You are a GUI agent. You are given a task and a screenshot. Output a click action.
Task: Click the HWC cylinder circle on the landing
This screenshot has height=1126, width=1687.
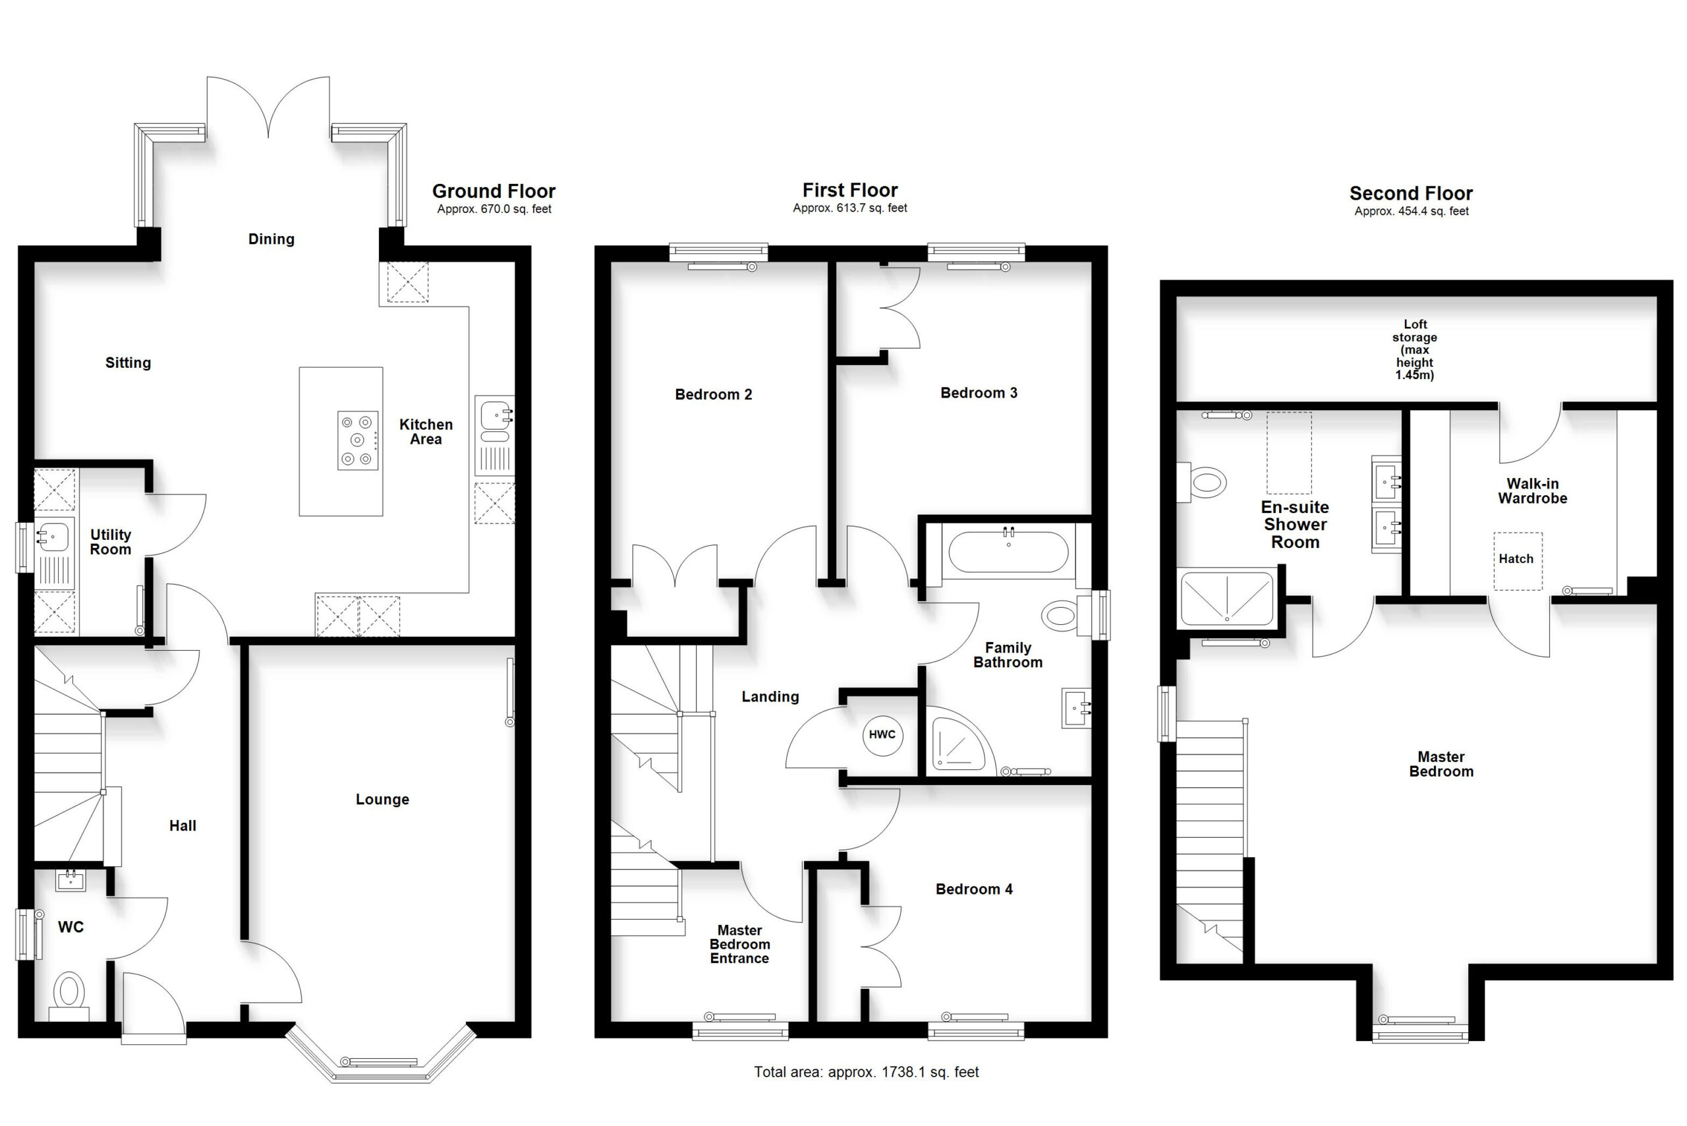[x=882, y=734]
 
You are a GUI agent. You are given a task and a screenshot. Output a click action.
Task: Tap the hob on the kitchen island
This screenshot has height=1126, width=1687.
[x=358, y=440]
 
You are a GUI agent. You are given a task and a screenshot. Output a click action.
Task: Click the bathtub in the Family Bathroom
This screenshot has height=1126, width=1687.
[x=1009, y=552]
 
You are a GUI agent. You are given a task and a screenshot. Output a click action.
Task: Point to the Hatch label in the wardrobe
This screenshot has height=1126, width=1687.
[x=1516, y=558]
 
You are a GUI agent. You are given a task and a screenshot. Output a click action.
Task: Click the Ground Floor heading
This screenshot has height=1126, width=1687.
[x=494, y=191]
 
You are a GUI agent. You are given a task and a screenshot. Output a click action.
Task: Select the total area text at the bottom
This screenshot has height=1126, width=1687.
[x=867, y=1072]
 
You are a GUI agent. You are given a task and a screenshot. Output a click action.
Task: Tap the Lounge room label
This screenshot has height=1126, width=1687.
[x=383, y=799]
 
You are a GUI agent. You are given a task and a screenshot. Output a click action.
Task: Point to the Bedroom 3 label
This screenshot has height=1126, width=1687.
[x=979, y=393]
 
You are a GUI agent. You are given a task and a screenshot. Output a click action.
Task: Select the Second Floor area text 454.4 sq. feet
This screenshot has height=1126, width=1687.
[x=1412, y=211]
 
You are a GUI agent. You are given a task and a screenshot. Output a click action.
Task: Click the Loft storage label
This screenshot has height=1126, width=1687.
[x=1415, y=349]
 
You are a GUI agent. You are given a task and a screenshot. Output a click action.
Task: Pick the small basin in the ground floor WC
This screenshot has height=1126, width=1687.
[x=71, y=880]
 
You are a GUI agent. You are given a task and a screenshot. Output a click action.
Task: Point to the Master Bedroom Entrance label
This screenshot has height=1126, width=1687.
[x=739, y=944]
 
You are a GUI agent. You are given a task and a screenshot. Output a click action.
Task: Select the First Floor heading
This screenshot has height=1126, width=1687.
[x=850, y=191]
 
